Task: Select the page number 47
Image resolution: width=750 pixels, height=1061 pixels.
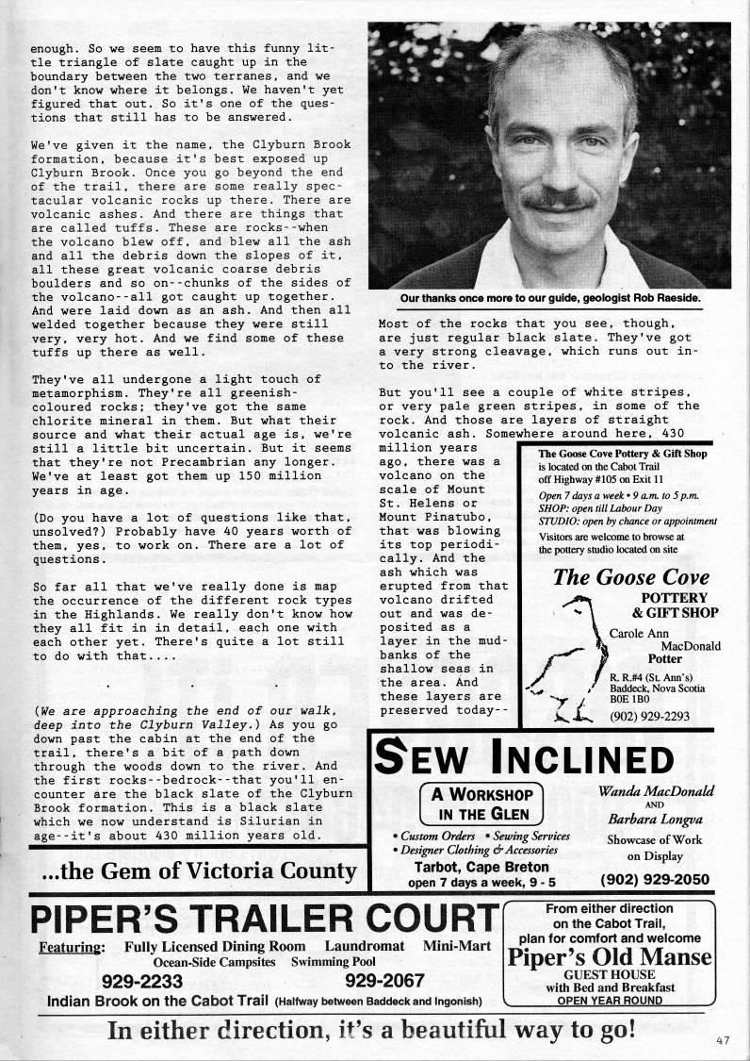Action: (x=723, y=1041)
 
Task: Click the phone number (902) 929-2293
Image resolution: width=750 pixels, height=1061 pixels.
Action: (x=649, y=716)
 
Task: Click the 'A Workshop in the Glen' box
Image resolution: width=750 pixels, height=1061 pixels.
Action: (x=482, y=803)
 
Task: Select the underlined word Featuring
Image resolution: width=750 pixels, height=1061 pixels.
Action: (x=70, y=946)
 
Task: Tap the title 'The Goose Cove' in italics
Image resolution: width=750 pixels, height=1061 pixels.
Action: (x=631, y=577)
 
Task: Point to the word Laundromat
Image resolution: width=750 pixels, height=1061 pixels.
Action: (x=365, y=946)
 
